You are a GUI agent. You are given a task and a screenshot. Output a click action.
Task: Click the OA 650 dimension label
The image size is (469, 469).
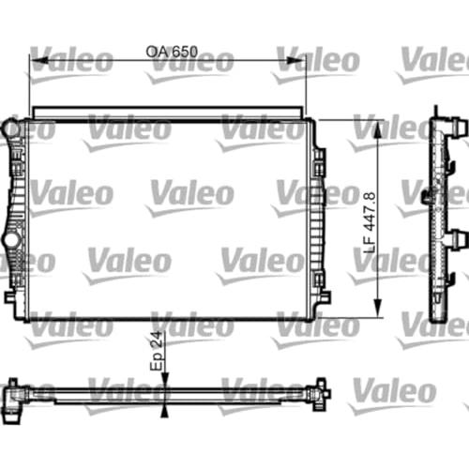point(172,52)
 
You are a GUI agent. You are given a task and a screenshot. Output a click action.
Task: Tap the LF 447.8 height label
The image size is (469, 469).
point(370,222)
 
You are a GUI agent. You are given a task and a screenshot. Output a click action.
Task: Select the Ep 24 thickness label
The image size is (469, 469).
point(157,351)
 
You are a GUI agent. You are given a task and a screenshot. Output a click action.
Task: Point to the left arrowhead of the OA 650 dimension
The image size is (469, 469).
point(39,60)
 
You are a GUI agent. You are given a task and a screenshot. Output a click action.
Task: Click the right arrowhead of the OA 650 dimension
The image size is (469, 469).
point(295,60)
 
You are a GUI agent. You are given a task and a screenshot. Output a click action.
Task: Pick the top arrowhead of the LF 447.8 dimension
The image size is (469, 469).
point(378,129)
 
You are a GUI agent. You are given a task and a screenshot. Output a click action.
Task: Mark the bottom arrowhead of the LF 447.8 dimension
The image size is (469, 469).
point(378,308)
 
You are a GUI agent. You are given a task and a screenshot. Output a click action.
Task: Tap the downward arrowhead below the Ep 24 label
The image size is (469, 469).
point(164,379)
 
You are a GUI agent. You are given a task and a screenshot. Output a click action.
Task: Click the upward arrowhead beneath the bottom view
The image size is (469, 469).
point(164,412)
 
